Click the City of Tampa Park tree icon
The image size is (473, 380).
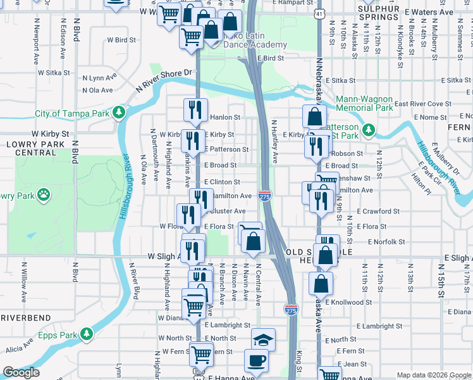click(118, 113)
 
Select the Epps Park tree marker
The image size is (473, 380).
click(87, 334)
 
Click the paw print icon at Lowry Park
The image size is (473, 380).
click(44, 194)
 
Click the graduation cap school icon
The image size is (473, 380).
click(263, 339)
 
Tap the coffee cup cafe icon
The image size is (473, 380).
click(257, 360)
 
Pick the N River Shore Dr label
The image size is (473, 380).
click(162, 80)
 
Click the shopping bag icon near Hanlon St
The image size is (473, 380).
click(314, 117)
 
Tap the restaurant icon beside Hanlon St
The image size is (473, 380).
click(196, 110)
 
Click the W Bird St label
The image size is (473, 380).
click(121, 39)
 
